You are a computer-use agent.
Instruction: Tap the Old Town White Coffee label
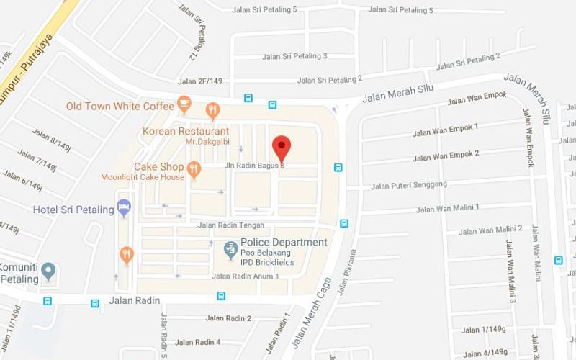point(120,106)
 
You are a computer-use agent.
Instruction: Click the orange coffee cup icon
point(184,105)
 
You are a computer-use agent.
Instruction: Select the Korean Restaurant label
point(186,132)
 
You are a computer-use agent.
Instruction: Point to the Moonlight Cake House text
point(143,177)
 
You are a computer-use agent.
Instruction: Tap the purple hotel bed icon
point(124,209)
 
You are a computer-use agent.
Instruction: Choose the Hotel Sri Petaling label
point(73,210)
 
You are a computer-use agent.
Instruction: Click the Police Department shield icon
point(230,250)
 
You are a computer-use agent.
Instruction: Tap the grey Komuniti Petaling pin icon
point(48,271)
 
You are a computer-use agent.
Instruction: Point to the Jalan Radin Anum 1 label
point(245,276)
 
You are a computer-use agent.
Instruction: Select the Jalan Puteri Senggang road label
point(408,185)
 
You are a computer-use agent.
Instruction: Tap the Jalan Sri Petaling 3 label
point(294,56)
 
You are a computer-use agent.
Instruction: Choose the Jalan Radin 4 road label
point(197,342)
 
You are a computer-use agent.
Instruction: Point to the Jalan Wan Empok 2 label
point(446,155)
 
